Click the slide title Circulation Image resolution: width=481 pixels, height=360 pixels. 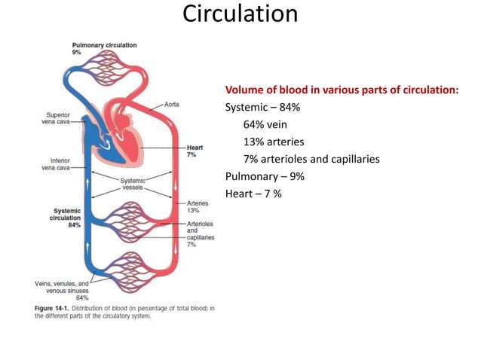click(240, 15)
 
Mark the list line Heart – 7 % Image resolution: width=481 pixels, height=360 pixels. click(253, 194)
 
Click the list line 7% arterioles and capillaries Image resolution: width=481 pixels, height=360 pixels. click(311, 159)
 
